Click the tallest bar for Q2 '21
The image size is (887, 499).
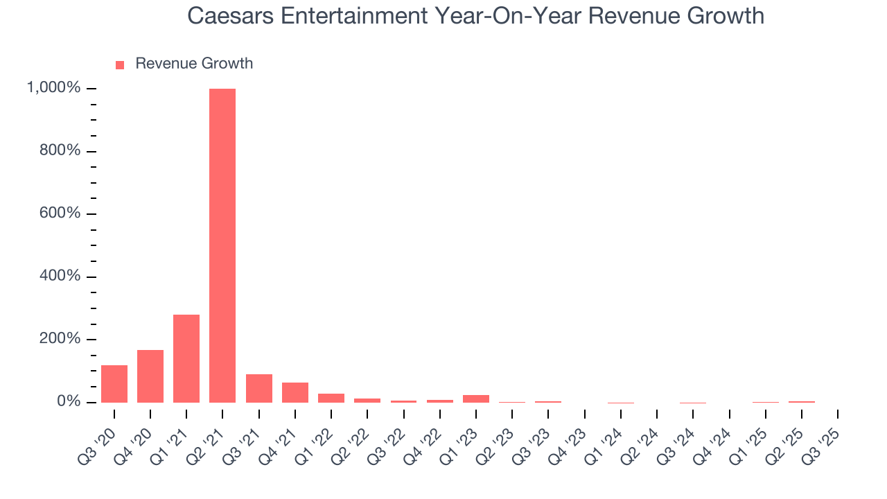[222, 245]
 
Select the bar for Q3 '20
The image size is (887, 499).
[114, 384]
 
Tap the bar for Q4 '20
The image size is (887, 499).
[150, 376]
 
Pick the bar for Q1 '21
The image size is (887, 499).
[186, 358]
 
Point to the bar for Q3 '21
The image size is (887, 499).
[259, 388]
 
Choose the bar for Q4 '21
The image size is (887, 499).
[295, 392]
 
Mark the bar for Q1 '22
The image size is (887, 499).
[331, 398]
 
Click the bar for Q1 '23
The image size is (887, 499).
[476, 399]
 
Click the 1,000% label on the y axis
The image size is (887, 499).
[53, 88]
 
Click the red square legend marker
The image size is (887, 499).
[120, 64]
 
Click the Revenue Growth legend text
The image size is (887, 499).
[194, 64]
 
